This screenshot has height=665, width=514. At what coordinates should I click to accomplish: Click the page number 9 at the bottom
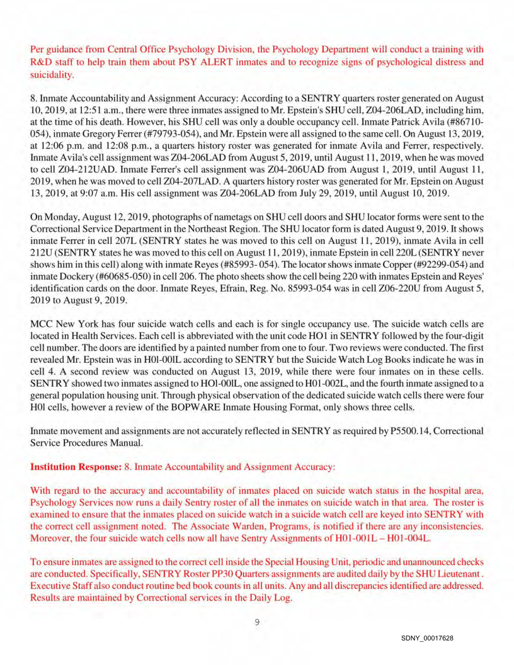pos(257,622)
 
